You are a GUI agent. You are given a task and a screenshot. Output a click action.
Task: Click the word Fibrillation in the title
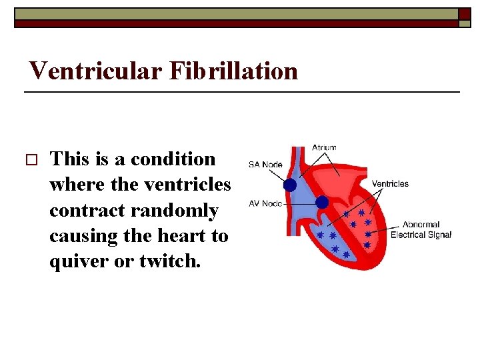click(x=233, y=70)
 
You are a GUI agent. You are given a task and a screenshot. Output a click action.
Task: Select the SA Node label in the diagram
click(x=265, y=165)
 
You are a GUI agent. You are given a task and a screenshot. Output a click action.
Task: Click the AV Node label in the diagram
click(x=265, y=203)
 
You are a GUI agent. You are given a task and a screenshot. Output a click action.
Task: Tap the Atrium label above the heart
click(x=324, y=148)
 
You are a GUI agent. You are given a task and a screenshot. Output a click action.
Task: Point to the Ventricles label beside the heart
click(x=390, y=183)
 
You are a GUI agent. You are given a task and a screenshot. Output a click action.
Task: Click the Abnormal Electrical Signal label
click(x=421, y=230)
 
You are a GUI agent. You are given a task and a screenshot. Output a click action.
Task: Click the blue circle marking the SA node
click(x=290, y=185)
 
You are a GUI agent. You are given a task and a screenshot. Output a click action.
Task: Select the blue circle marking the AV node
click(x=321, y=201)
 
